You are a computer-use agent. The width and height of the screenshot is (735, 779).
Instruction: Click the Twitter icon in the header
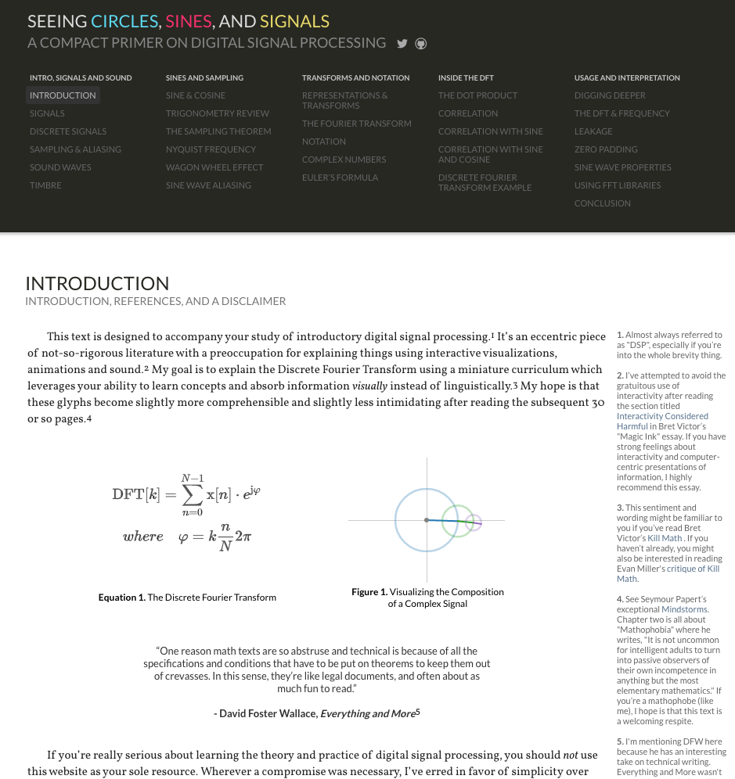coord(402,44)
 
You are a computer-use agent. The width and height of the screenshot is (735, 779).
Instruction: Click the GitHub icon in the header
coord(421,44)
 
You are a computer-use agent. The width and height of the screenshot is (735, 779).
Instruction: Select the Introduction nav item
coord(63,95)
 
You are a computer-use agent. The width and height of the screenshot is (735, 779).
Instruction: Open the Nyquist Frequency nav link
coord(211,149)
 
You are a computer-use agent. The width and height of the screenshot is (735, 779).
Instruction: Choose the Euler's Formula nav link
coord(340,178)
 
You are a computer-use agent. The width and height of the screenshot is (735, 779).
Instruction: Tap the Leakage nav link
coord(593,131)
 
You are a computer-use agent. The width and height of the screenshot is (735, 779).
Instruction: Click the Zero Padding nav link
coord(606,149)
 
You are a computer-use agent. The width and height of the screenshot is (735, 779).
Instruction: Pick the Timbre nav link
coord(45,185)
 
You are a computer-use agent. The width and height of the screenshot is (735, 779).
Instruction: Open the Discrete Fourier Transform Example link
coord(485,182)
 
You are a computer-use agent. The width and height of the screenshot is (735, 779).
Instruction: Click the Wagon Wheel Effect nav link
coord(214,167)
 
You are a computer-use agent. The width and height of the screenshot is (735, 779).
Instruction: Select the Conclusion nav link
coord(602,203)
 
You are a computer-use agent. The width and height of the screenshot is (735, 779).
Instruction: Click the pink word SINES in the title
coord(188,22)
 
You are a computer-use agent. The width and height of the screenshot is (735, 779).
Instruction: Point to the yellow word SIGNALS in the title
coord(294,22)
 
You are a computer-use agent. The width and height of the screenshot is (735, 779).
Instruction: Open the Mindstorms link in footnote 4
coord(684,609)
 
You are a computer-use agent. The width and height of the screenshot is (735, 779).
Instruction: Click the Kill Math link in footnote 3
coord(665,538)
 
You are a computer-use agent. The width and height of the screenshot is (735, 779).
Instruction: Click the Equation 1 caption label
coord(121,598)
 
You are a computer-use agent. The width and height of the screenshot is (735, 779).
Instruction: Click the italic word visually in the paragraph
coord(369,386)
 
